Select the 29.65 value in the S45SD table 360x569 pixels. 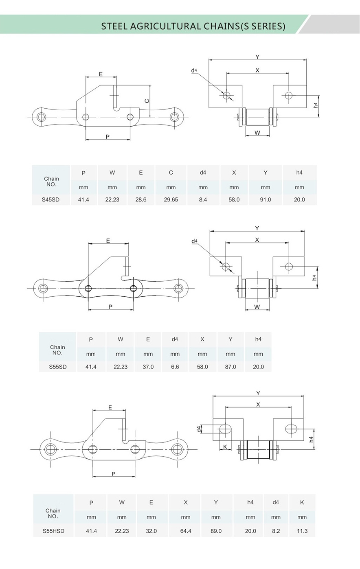[x=171, y=199]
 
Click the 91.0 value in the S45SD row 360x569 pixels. [x=265, y=199]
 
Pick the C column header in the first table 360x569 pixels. [x=171, y=173]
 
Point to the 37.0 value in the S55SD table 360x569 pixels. [x=148, y=367]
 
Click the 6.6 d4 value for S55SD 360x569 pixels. [x=175, y=367]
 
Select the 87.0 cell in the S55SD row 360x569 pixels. [x=230, y=367]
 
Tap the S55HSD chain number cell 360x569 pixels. [x=53, y=531]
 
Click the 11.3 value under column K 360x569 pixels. [x=302, y=531]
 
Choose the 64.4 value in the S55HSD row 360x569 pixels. [x=186, y=531]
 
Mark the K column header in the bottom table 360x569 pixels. [x=302, y=503]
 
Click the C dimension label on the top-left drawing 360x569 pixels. [x=147, y=101]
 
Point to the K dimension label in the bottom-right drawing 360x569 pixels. [x=225, y=447]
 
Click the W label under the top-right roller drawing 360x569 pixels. [x=257, y=133]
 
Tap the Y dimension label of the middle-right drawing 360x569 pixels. [x=257, y=228]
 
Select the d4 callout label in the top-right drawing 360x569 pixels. [x=194, y=70]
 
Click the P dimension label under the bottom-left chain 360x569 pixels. [x=114, y=473]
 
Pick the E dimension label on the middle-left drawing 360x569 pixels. [x=108, y=241]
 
